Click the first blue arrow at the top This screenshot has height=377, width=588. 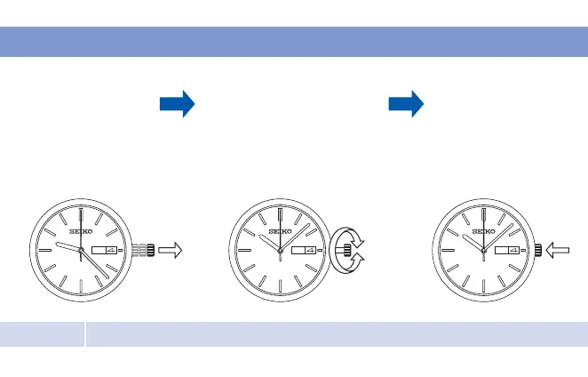coord(177,105)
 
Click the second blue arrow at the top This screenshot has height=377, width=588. coord(407,105)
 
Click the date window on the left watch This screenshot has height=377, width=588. coord(108,252)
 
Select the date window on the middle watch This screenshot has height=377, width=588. coord(307,252)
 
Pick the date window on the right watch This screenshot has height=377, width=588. coord(510,252)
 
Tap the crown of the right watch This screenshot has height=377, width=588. coord(539,252)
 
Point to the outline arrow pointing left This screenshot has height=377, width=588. coord(560,252)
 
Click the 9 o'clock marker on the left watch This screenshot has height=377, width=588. coord(42,252)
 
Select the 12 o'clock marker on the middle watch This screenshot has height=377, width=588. coord(280,216)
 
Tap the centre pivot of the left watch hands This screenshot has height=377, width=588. coord(81,252)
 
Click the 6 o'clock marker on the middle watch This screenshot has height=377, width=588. coord(280,286)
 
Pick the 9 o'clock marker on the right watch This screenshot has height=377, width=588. coord(443,252)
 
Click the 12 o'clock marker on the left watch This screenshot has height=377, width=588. coord(81,216)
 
